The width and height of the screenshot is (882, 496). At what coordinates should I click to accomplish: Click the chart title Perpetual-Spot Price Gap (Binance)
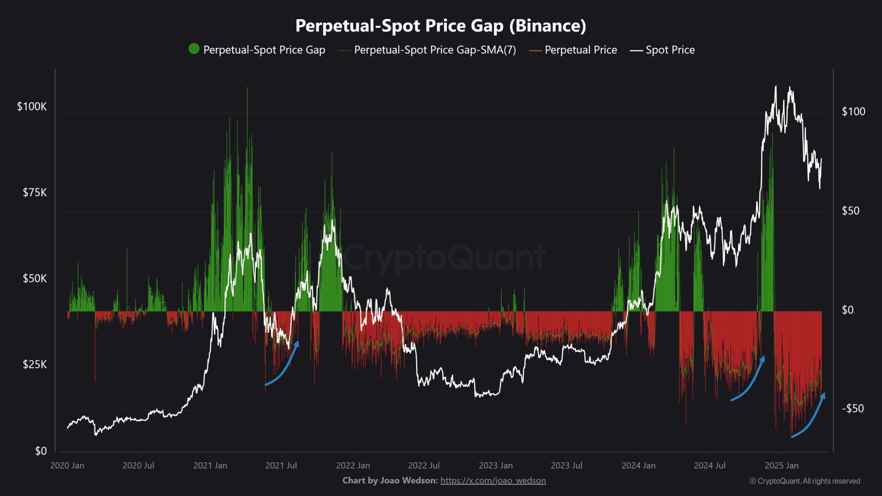(441, 26)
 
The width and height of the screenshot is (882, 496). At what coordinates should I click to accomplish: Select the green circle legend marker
(194, 49)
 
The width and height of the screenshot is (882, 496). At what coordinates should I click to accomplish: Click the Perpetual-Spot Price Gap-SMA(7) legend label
(435, 50)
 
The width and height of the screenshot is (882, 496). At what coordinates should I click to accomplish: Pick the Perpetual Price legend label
(581, 50)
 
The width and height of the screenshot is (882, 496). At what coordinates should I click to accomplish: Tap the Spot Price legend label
(670, 50)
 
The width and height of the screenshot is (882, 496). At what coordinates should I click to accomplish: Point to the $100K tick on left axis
(32, 107)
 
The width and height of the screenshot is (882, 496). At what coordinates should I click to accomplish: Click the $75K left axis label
(34, 193)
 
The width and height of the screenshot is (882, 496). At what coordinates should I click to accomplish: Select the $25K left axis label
(34, 364)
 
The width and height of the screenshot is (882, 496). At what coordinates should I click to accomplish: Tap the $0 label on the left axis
(41, 451)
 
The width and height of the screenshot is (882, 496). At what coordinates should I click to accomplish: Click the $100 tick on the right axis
(853, 112)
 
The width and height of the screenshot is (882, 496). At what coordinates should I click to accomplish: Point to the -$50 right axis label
(853, 409)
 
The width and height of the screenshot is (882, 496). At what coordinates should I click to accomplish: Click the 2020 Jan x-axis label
(67, 466)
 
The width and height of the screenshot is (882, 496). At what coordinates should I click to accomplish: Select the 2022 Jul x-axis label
(424, 466)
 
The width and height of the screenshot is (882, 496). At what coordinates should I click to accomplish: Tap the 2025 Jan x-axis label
(781, 466)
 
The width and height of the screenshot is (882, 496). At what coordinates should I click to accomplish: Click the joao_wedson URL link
(493, 480)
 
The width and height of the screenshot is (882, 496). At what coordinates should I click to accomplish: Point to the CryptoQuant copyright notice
(805, 481)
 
